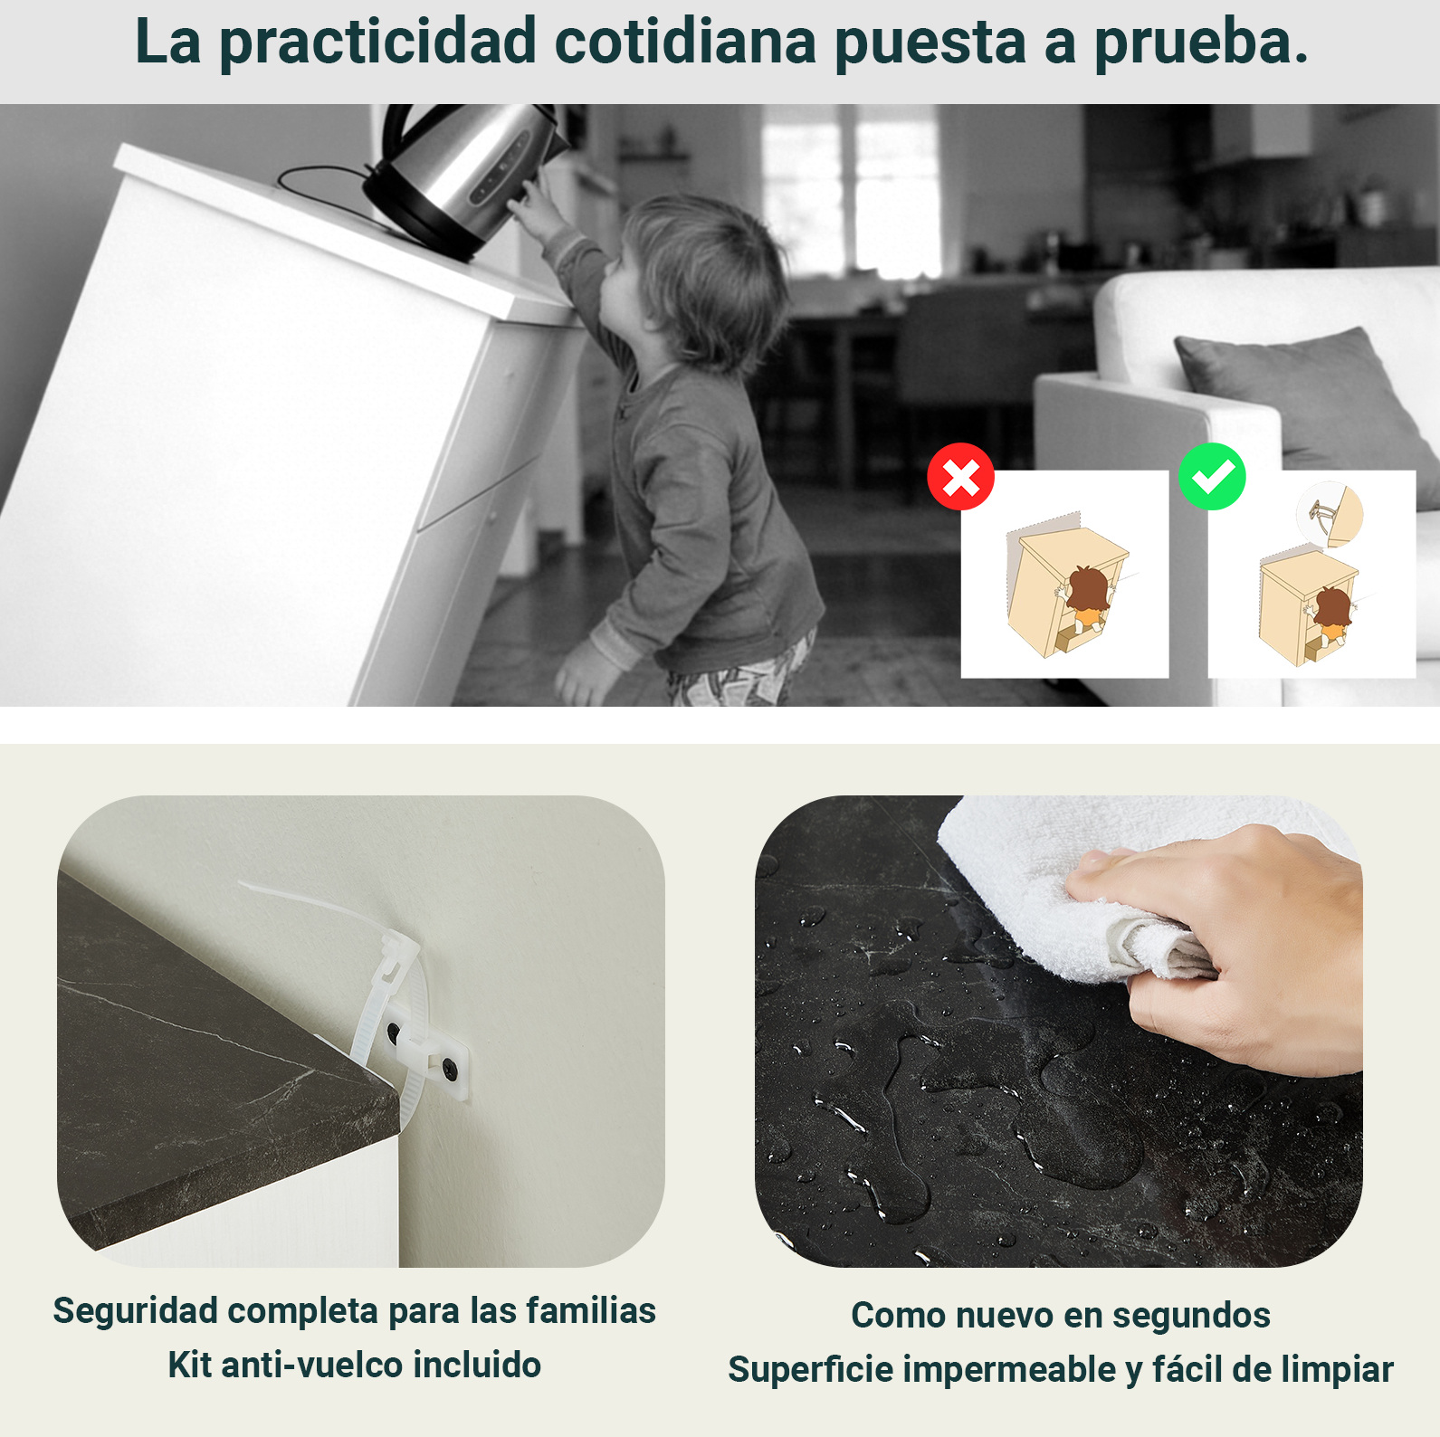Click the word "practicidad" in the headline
[378, 43]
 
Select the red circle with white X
[960, 477]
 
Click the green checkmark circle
[1212, 477]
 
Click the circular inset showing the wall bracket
[1330, 515]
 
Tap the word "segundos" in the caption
[1191, 1316]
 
